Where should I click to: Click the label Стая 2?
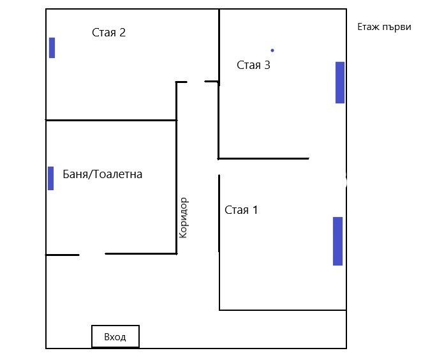[108, 33]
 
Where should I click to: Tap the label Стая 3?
[253, 65]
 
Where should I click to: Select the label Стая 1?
[241, 210]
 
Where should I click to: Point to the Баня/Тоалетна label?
[103, 174]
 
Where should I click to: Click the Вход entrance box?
[115, 336]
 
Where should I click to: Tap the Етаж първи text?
[384, 27]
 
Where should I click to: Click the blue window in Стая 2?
[52, 48]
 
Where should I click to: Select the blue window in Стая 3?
[340, 82]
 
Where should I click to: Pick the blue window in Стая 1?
[337, 241]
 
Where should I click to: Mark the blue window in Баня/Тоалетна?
[50, 178]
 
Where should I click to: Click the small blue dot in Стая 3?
[272, 50]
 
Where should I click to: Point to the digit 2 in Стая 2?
[122, 33]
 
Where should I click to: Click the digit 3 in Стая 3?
[267, 65]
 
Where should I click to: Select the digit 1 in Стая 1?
[255, 210]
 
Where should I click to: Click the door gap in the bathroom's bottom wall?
[92, 254]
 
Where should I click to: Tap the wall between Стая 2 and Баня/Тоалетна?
[111, 120]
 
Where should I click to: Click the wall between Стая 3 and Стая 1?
[263, 158]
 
